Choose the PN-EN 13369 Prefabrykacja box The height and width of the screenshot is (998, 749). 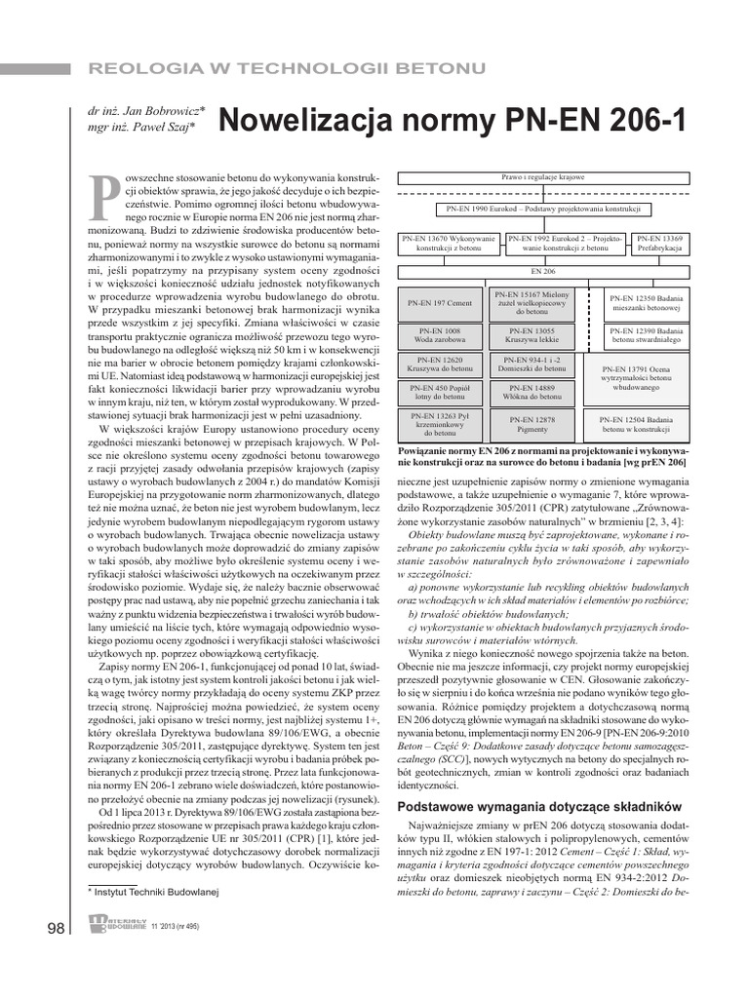[x=659, y=244]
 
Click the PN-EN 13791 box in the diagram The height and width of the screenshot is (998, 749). [x=640, y=378]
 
